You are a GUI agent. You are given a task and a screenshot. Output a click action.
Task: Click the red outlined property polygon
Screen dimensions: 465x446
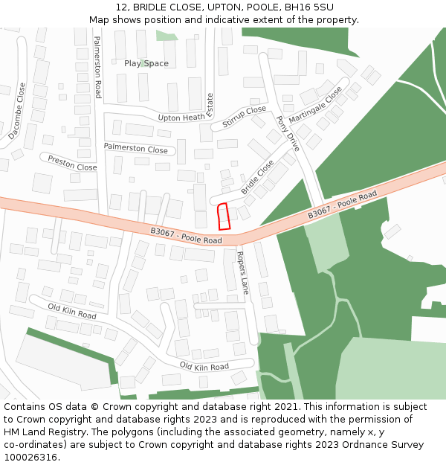click(x=223, y=217)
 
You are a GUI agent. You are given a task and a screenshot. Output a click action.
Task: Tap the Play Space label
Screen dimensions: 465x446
click(x=146, y=63)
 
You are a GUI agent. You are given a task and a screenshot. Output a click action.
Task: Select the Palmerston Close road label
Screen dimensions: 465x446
click(x=135, y=149)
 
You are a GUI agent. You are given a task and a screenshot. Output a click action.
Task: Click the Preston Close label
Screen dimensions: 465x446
click(x=72, y=163)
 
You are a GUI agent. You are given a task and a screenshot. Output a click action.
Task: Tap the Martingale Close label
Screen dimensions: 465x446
click(x=315, y=106)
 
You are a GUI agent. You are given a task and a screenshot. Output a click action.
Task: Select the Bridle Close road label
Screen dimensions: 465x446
click(x=257, y=177)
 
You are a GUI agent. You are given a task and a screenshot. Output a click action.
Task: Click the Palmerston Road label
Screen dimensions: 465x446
click(x=97, y=67)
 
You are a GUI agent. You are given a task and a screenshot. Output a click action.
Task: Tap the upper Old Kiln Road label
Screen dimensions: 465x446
click(x=72, y=311)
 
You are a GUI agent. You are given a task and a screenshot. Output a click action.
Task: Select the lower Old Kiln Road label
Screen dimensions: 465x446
click(x=204, y=367)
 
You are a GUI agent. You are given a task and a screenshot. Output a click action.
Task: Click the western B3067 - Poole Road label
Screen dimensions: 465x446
click(x=186, y=236)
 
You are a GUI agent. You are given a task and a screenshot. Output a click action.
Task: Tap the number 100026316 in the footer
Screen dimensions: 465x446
click(x=32, y=457)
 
